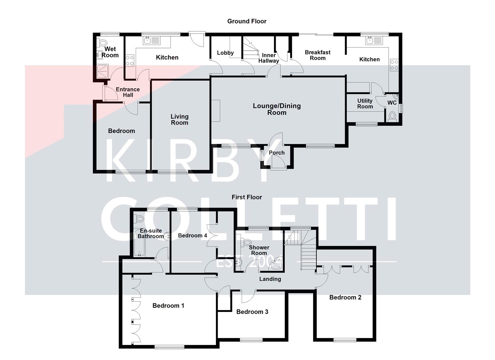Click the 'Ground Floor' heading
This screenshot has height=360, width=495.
click(x=247, y=21)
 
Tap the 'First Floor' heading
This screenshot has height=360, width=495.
click(x=247, y=197)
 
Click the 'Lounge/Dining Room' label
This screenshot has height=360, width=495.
click(x=277, y=109)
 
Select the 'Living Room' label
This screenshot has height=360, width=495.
click(x=179, y=119)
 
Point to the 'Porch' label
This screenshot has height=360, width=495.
click(x=277, y=153)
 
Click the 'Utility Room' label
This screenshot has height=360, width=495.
click(x=365, y=104)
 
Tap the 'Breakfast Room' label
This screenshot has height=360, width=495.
click(x=317, y=55)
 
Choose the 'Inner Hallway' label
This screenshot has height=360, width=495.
click(x=269, y=58)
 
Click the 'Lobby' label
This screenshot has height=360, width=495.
click(x=225, y=53)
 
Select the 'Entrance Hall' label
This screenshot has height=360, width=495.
click(x=128, y=92)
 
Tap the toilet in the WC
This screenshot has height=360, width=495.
click(x=392, y=116)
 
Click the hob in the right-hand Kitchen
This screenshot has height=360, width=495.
click(x=394, y=65)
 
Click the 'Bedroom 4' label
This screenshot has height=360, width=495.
click(x=192, y=236)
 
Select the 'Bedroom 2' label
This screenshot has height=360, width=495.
click(x=345, y=297)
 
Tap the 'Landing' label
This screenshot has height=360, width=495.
click(x=270, y=279)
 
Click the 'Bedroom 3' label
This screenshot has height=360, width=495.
click(x=252, y=312)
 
